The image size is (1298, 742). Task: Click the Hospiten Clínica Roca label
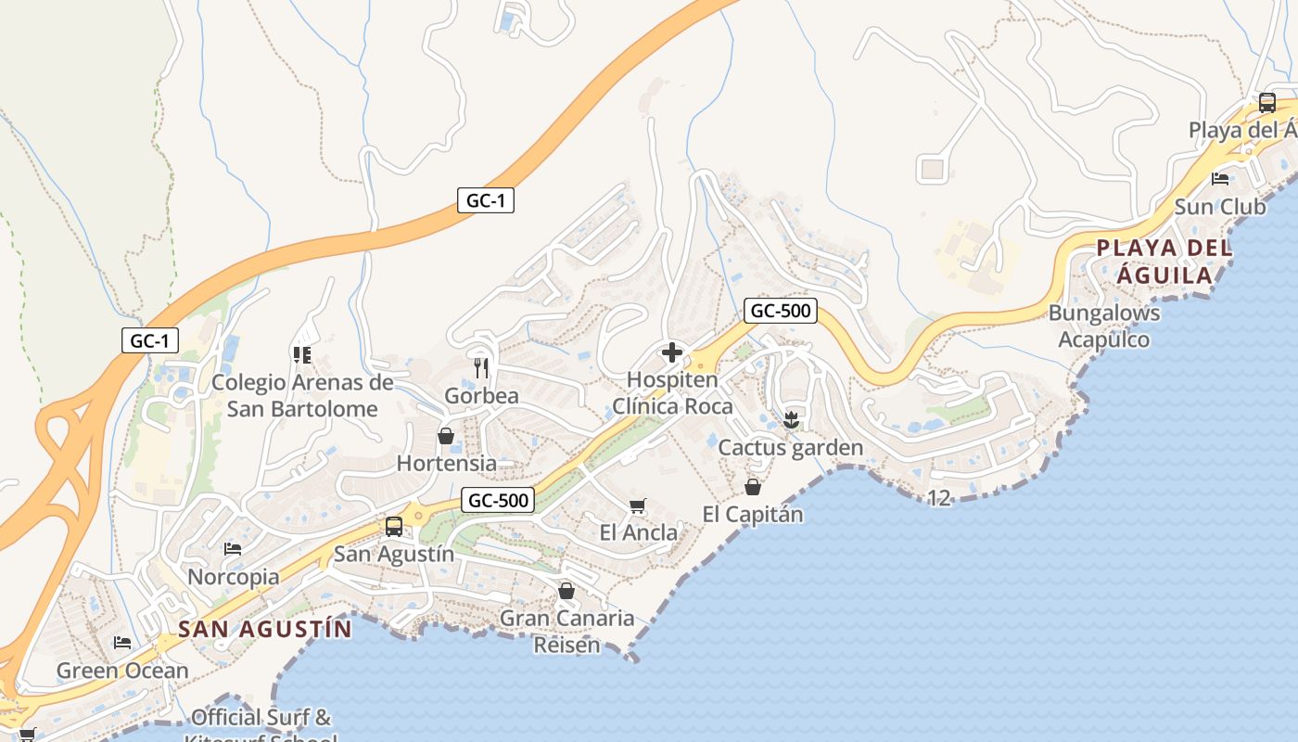[672, 393]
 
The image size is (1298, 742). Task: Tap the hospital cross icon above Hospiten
[672, 352]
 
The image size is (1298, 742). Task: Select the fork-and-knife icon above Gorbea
[481, 368]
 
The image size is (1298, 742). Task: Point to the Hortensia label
[446, 463]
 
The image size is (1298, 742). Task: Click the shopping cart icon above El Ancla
[637, 505]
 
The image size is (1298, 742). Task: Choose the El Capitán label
[752, 514]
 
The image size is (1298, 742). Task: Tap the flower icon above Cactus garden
[791, 419]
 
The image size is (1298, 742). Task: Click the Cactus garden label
[791, 448]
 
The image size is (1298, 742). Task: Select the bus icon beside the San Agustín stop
[394, 527]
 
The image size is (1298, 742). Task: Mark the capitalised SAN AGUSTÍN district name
[265, 629]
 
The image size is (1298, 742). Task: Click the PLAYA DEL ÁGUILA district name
[1164, 262]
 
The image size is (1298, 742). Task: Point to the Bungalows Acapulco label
[1104, 326]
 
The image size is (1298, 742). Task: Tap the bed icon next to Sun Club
[1220, 179]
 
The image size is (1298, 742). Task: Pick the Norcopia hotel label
[234, 577]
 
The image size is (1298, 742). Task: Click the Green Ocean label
[122, 671]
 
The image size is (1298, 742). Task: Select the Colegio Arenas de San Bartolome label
[302, 395]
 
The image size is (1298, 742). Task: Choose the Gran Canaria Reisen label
[566, 631]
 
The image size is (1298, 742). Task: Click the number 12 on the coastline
[939, 498]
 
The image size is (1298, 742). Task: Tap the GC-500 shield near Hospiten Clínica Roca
[780, 311]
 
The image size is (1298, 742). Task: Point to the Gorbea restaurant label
[481, 396]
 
